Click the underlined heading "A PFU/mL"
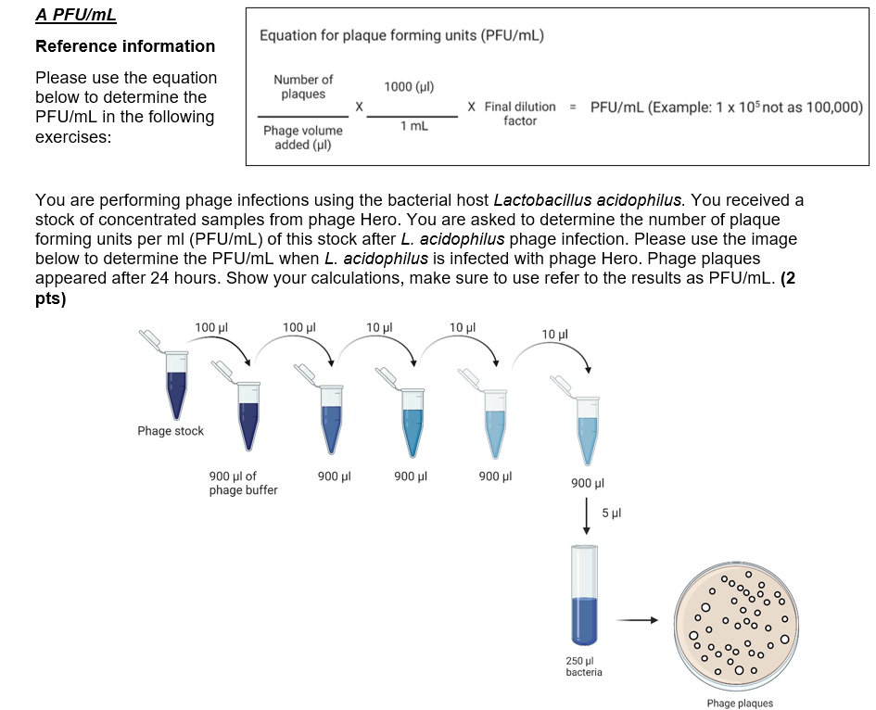[x=76, y=16]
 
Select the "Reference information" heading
[x=125, y=46]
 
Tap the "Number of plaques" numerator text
[x=303, y=87]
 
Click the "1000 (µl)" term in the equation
[x=409, y=87]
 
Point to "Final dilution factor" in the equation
[x=520, y=114]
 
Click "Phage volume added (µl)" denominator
[x=303, y=137]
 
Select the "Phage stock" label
[x=171, y=431]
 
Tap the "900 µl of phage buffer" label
[x=243, y=483]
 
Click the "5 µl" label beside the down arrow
[x=611, y=513]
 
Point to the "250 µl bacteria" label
[x=584, y=666]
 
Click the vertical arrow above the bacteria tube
[x=586, y=515]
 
